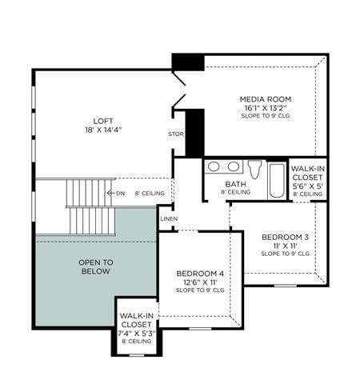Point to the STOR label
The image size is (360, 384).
175,134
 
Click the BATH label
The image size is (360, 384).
234,183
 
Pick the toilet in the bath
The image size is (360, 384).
254,169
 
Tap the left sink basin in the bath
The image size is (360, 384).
214,167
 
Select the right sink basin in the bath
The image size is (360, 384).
233,167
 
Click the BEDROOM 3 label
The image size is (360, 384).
285,237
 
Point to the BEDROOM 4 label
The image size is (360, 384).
199,274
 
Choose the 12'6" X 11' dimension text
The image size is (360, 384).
199,282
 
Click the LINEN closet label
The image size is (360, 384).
168,218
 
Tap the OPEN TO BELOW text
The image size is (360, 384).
94,266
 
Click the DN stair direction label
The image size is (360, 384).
120,193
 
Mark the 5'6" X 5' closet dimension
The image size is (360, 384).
307,186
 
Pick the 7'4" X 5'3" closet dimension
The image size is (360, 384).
136,333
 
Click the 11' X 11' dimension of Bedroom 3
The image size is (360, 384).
285,246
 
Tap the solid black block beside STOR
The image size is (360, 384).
194,132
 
